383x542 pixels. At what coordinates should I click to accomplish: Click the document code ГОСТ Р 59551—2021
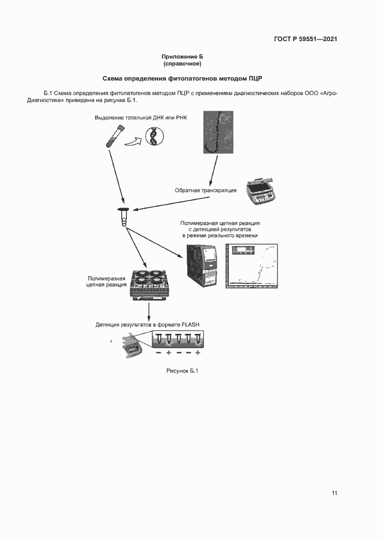pos(305,39)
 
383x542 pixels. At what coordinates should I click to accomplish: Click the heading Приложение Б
pos(183,56)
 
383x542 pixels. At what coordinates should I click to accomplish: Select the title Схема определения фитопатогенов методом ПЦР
pos(183,78)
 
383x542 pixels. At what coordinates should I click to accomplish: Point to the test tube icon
pos(112,137)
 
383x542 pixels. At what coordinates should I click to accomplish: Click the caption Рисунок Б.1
pos(182,371)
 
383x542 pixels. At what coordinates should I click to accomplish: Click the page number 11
pos(334,493)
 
